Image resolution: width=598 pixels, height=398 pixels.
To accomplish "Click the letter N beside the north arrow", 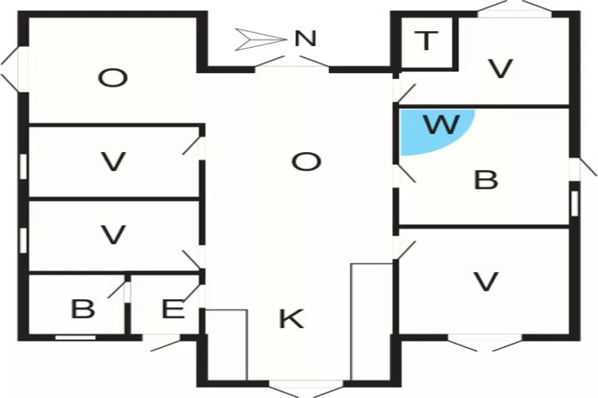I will [x=305, y=38].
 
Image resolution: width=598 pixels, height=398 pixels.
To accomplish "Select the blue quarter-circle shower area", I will [x=431, y=127].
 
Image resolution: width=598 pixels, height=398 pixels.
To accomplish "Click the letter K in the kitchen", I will [x=291, y=319].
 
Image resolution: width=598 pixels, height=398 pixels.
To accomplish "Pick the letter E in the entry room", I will [x=172, y=310].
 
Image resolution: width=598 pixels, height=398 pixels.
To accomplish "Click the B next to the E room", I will [x=82, y=309].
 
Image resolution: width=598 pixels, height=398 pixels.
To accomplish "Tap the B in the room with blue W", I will [x=486, y=180].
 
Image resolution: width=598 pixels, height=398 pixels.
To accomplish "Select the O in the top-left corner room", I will [x=113, y=78].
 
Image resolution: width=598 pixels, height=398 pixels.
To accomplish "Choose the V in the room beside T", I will [x=500, y=70].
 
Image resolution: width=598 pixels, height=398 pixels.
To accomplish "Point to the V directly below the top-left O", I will [x=113, y=162].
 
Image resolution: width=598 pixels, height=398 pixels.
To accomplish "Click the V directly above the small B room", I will [x=113, y=236].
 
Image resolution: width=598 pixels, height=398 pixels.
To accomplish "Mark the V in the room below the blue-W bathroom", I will [x=486, y=281].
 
